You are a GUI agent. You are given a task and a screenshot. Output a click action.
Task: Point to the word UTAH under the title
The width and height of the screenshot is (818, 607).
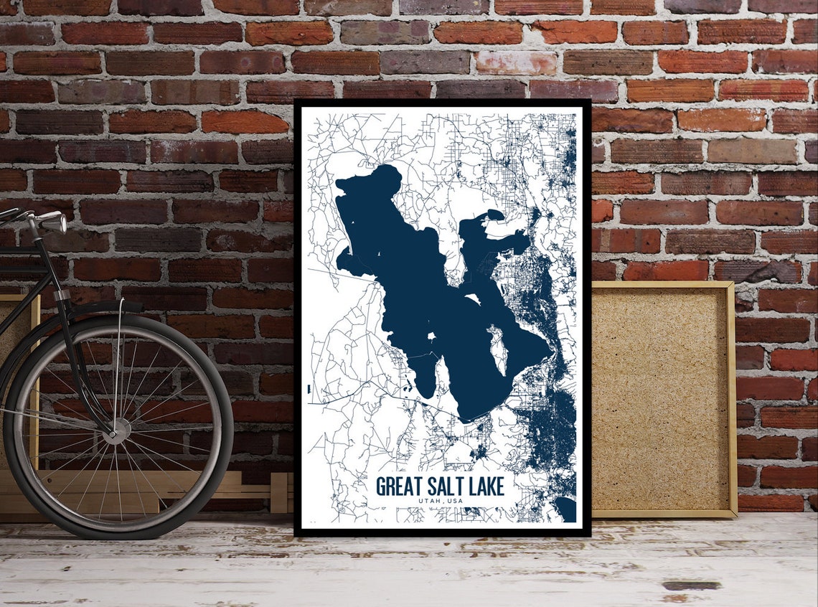click(x=429, y=501)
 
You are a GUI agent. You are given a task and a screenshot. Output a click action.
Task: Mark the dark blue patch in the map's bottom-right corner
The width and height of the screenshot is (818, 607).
click(x=565, y=509)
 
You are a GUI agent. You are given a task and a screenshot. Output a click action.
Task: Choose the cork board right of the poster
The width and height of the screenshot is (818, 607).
click(x=661, y=398)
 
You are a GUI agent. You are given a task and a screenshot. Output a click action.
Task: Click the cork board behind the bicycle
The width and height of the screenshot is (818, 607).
click(x=18, y=323)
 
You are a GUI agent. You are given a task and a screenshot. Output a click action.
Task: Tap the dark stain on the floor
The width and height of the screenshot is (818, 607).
click(x=691, y=585)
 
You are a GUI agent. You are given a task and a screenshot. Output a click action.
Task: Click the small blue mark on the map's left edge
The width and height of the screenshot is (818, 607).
click(x=309, y=389)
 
